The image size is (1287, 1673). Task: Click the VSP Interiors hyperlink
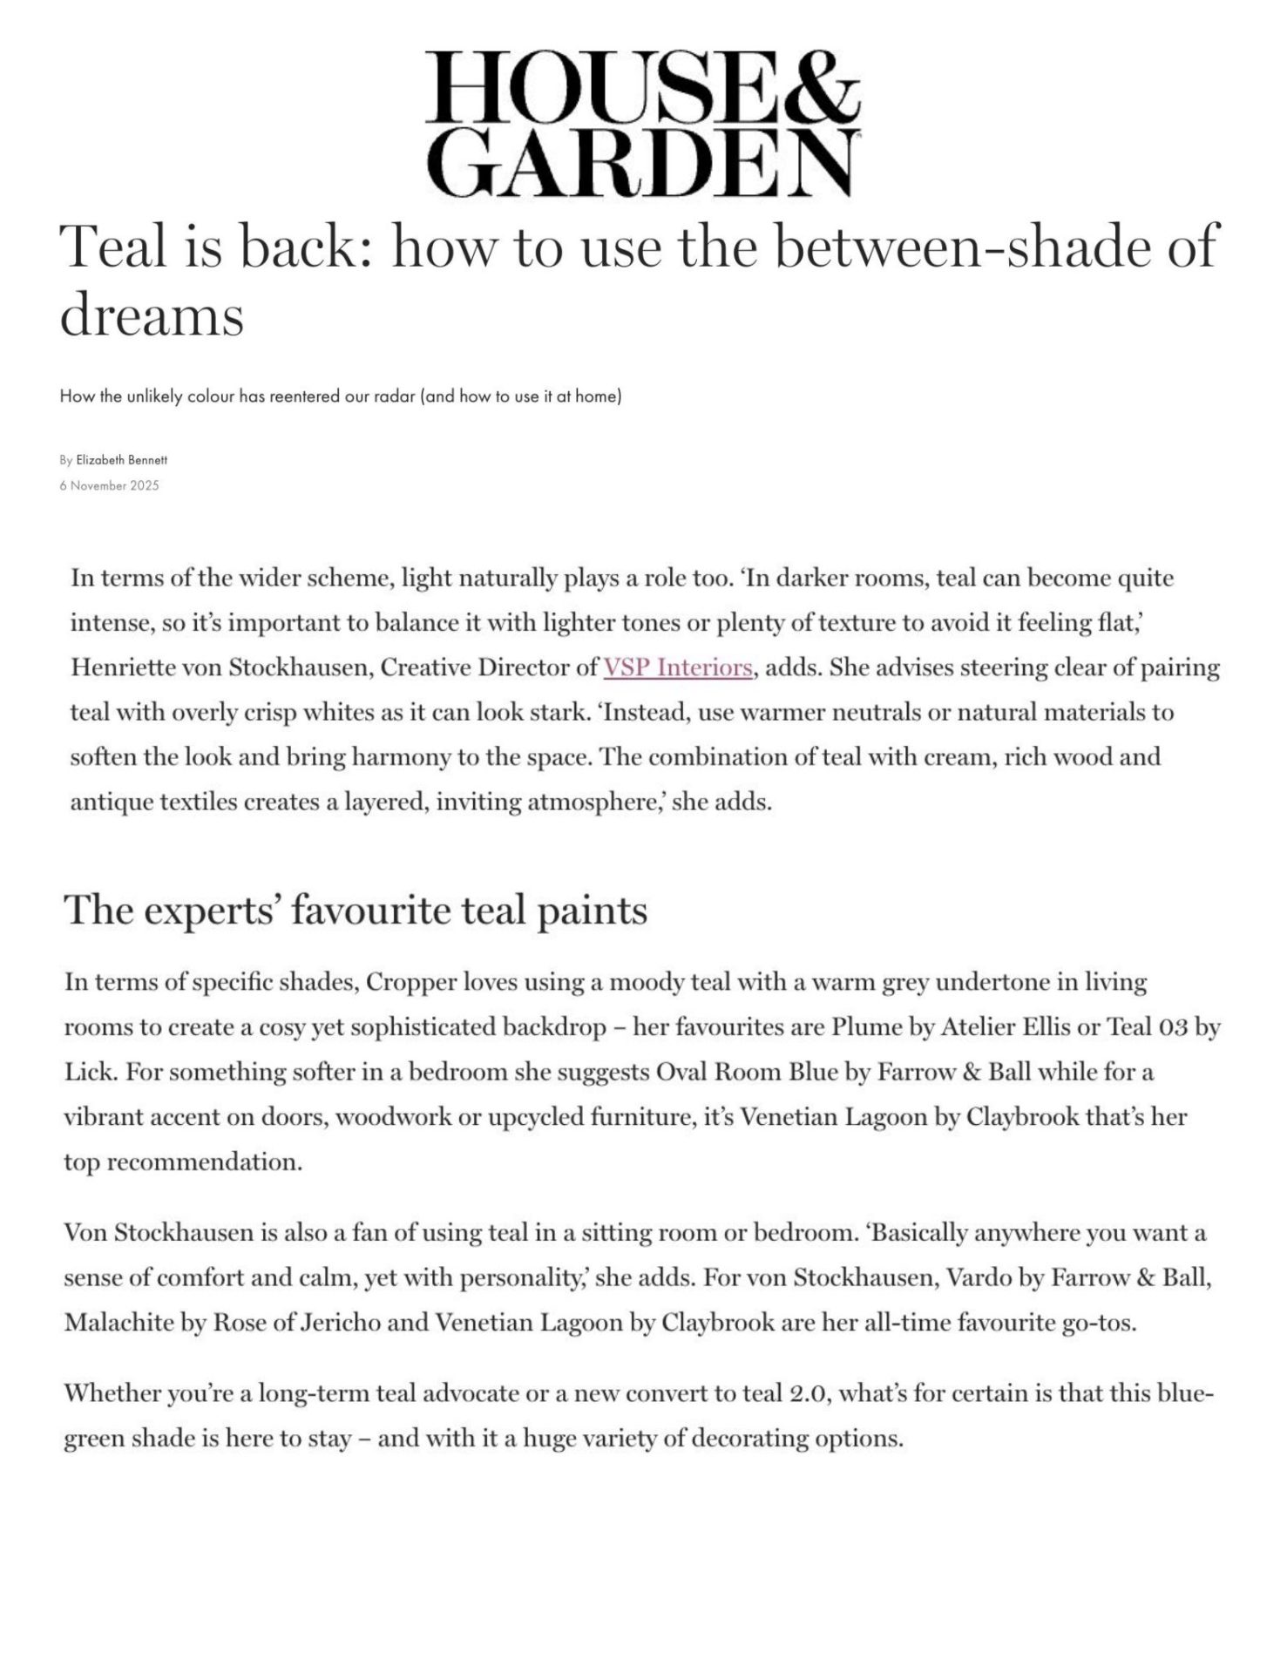pos(677,667)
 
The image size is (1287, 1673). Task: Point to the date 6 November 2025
pos(110,485)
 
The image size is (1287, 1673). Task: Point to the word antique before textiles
pos(112,802)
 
